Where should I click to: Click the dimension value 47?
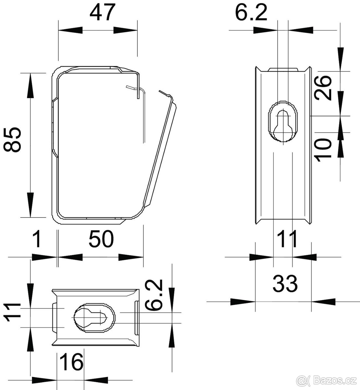coord(102,13)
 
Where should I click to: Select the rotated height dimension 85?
coord(12,140)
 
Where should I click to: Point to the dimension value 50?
coord(101,239)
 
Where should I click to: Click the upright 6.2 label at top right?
coord(251,13)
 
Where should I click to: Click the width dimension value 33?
coord(285,284)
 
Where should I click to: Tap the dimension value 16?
coord(71,362)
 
